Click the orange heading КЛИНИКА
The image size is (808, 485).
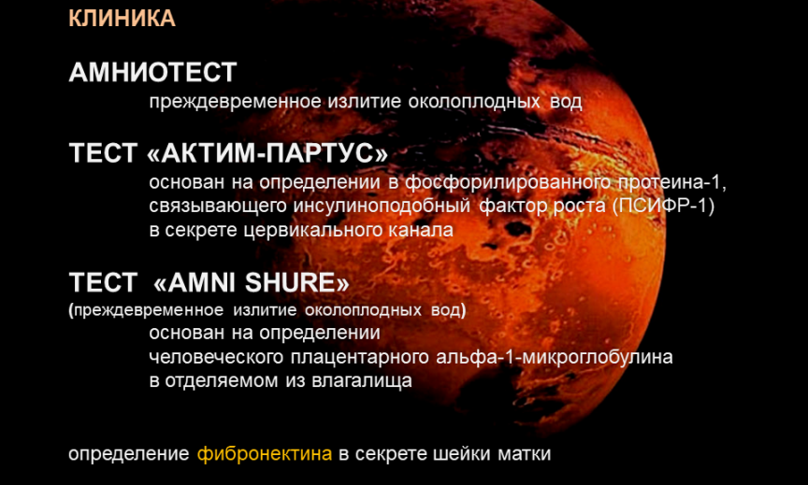click(x=122, y=19)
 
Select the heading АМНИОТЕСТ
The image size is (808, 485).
click(x=152, y=72)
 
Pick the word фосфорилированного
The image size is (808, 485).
click(x=508, y=183)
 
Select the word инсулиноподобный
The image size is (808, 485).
click(x=382, y=207)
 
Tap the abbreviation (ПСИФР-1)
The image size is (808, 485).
click(x=664, y=206)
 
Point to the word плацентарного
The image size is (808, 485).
click(x=360, y=357)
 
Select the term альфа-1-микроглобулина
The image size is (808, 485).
click(x=555, y=357)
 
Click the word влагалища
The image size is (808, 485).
click(x=362, y=381)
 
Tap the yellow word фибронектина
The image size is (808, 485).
click(x=265, y=454)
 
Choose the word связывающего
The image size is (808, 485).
click(x=218, y=207)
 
